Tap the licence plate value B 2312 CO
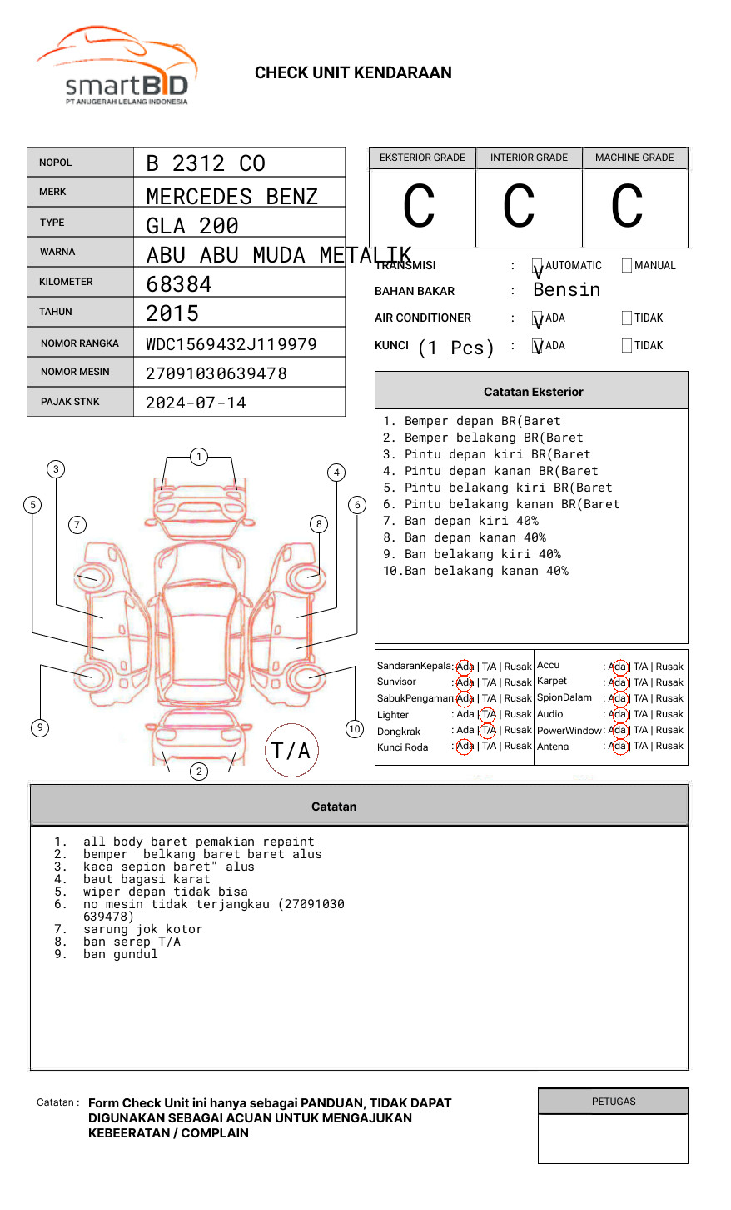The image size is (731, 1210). point(206,163)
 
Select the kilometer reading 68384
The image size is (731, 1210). point(179,284)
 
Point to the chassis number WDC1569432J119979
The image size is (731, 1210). point(231,344)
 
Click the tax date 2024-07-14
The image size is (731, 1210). point(196,403)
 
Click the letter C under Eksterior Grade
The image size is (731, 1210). point(419,207)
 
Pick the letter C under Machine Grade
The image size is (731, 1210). point(627,207)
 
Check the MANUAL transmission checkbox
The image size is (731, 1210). point(627,266)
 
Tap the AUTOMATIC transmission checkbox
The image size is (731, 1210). point(538,266)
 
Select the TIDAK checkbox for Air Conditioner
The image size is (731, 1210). point(627,318)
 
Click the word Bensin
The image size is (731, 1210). point(566,290)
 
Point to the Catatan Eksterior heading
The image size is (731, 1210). point(533,392)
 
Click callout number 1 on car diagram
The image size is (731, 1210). point(198,456)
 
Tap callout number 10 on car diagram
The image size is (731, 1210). point(355,729)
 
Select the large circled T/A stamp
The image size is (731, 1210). point(291,751)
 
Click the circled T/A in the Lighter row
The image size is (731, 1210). point(488,714)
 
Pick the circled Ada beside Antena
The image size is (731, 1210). point(618,746)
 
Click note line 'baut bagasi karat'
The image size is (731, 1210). point(147,879)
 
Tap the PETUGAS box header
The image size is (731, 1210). point(614,1102)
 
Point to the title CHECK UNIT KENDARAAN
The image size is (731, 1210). point(353,73)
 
